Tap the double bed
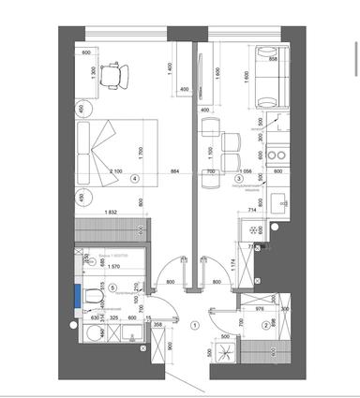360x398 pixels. (112, 155)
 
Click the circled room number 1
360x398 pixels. (194, 325)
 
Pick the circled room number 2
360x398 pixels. (265, 325)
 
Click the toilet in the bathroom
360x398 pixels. (91, 299)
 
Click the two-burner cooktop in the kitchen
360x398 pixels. (277, 149)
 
